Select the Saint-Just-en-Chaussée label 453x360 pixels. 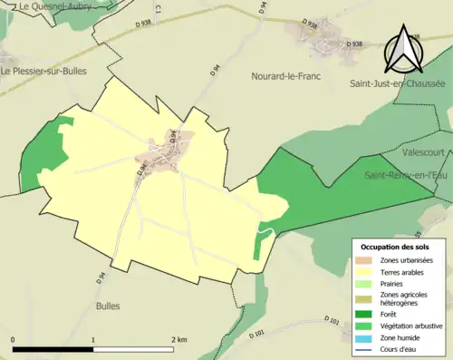point(397,83)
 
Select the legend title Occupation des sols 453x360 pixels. point(395,247)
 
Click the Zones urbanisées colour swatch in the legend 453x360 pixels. point(364,261)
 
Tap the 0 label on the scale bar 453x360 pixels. point(13,339)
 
